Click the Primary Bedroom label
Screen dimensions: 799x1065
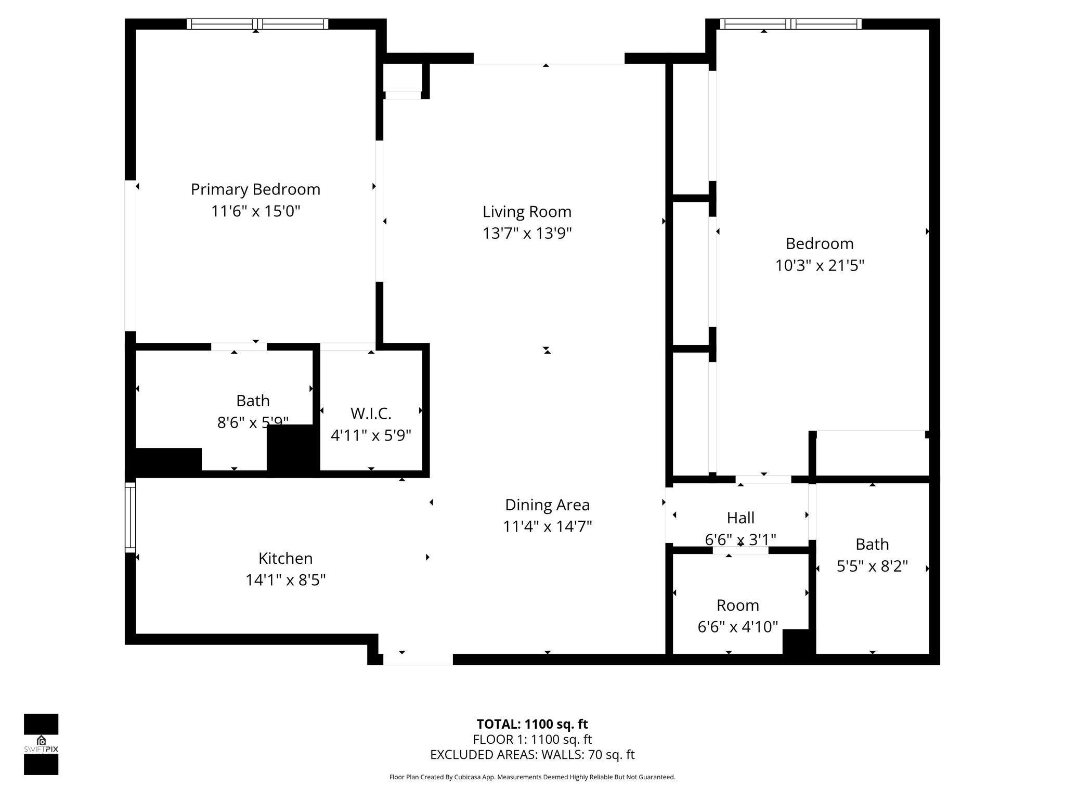[x=255, y=189]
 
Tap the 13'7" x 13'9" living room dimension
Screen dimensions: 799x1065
[x=527, y=234]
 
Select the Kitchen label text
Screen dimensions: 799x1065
[x=285, y=558]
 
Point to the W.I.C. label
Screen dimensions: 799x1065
[x=371, y=414]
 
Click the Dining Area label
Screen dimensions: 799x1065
[x=547, y=505]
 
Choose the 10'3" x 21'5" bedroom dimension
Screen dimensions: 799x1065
[x=819, y=266]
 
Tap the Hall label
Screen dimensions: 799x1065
[x=741, y=518]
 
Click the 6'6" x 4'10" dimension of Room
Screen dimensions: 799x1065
[x=737, y=627]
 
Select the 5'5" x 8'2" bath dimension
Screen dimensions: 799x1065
[x=872, y=566]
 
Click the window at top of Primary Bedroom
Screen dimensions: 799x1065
[x=257, y=24]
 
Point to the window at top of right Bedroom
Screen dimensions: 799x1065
[x=790, y=24]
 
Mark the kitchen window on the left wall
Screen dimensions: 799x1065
[x=130, y=517]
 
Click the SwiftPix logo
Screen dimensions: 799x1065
[x=41, y=744]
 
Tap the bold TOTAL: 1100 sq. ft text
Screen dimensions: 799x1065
[x=532, y=724]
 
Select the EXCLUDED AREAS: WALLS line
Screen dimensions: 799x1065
[x=532, y=754]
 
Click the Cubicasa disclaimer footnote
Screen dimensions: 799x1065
[x=532, y=777]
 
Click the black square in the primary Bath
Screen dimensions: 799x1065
[x=292, y=448]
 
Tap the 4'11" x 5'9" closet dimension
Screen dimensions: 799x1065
[x=371, y=435]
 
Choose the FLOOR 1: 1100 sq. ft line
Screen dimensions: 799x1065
[x=532, y=739]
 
